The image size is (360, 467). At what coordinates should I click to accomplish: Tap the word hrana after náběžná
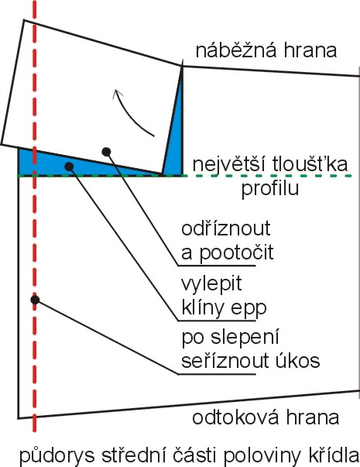(x=310, y=50)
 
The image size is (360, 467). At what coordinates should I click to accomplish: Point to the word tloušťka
(x=310, y=163)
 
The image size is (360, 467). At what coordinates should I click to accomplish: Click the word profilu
(x=269, y=188)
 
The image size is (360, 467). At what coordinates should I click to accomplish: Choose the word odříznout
(x=226, y=228)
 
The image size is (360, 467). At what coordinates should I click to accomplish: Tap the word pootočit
(x=236, y=253)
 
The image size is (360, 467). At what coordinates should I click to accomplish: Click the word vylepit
(x=211, y=283)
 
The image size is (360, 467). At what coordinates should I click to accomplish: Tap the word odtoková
(x=235, y=417)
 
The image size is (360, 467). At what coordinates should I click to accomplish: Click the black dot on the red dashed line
(x=35, y=300)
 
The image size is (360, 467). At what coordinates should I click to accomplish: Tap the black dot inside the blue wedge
(x=69, y=167)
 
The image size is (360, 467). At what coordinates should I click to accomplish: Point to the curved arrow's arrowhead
(x=117, y=94)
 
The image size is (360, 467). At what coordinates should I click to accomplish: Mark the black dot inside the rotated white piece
(x=106, y=152)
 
